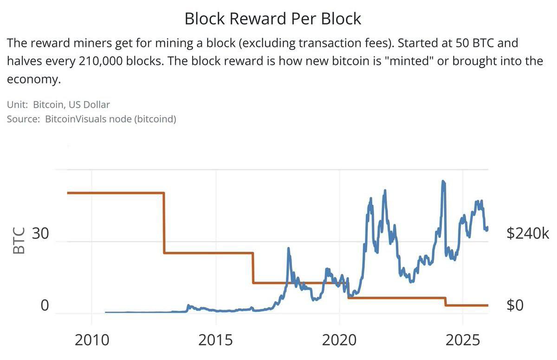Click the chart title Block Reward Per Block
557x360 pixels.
pos(272,19)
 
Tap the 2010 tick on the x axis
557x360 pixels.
pos(91,340)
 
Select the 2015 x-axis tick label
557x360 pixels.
pos(215,340)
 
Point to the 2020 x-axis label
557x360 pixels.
pos(339,340)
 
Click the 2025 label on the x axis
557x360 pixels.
pos(463,340)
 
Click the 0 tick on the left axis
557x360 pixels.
pos(45,305)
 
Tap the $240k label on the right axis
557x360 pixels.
pos(528,234)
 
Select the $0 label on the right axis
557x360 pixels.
pos(515,305)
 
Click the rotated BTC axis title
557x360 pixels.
pos(19,241)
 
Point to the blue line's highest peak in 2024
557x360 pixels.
pos(443,182)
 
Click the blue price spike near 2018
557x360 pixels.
pos(288,249)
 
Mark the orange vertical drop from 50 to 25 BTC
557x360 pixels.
pos(164,223)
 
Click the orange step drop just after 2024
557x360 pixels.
pos(446,301)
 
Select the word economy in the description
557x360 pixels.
pos(33,79)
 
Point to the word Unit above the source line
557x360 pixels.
pos(17,105)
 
